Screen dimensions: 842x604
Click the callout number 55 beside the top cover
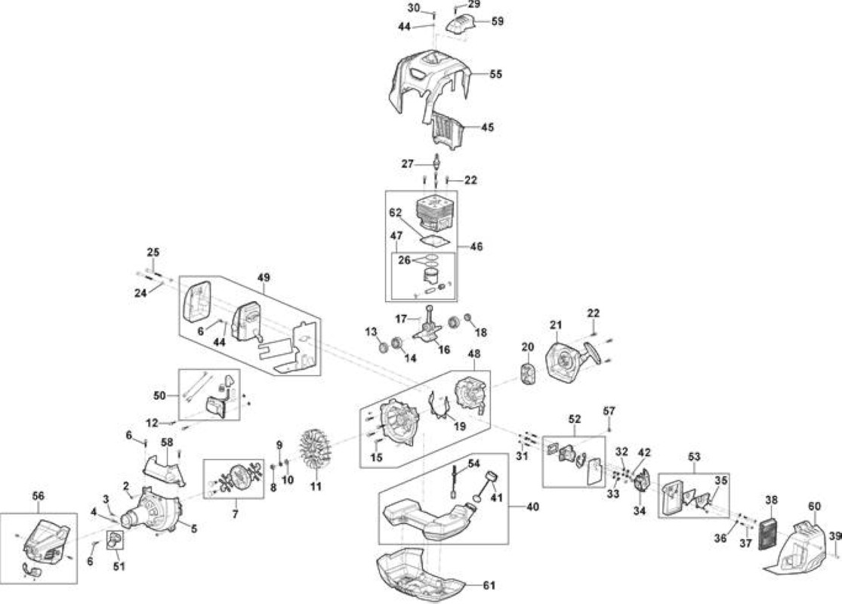(x=495, y=74)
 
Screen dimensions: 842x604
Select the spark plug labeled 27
(x=436, y=162)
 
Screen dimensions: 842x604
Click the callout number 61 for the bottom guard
(x=489, y=584)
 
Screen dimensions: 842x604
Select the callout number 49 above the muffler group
(x=264, y=278)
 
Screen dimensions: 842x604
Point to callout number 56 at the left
(x=38, y=496)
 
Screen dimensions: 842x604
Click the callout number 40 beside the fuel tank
(x=532, y=507)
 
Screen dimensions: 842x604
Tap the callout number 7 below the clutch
(x=235, y=515)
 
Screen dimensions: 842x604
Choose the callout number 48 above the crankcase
(x=474, y=354)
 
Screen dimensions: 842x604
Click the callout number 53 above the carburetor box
(x=694, y=457)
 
